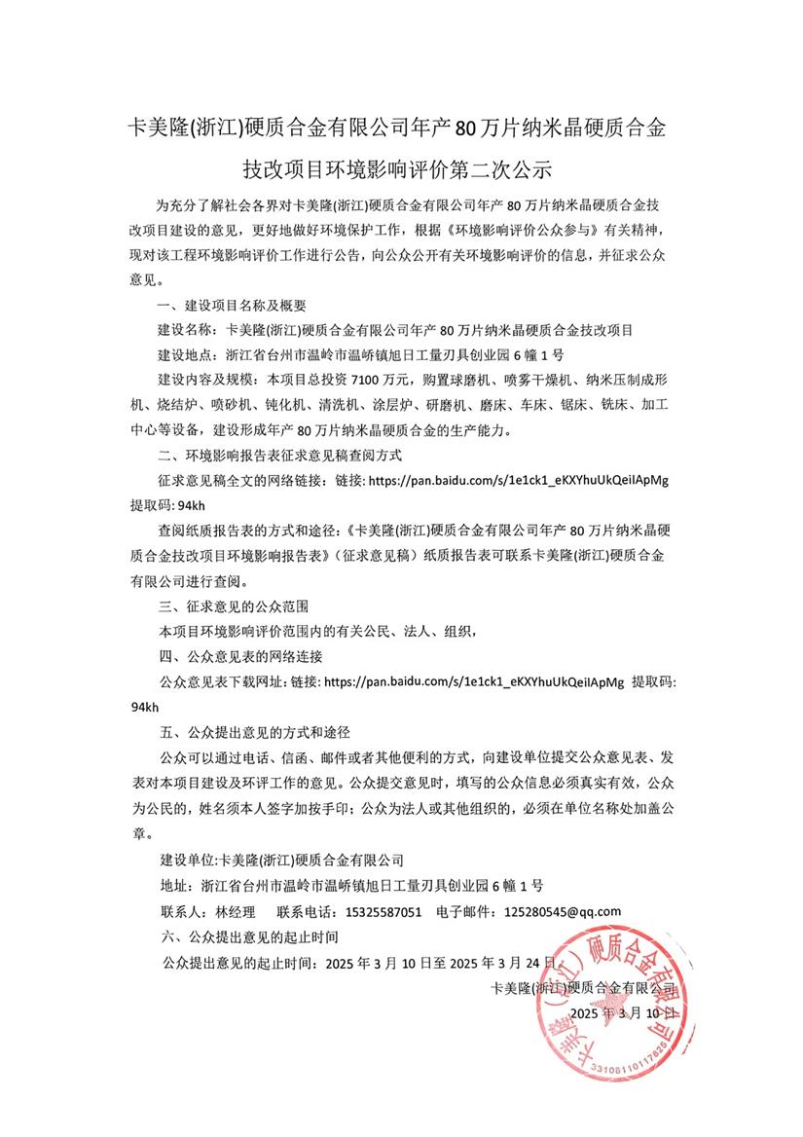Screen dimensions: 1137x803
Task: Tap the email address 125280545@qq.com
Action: (563, 912)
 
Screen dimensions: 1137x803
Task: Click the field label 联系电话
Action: (308, 912)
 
